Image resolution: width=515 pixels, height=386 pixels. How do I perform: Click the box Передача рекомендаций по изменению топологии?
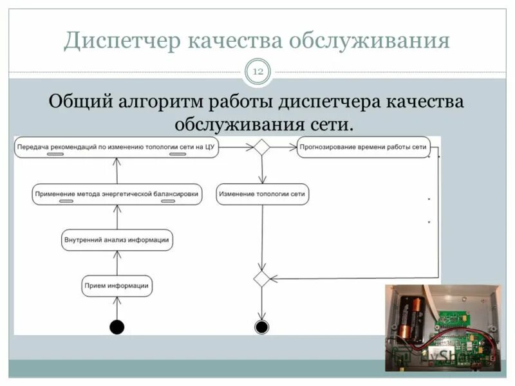(x=116, y=147)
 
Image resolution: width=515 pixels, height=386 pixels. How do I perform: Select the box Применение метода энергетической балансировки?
(x=117, y=194)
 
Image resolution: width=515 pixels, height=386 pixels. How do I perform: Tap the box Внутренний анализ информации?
(x=117, y=240)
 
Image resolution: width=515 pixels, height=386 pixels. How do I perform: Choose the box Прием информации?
(x=117, y=286)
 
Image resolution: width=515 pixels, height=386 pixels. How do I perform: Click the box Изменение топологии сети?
(x=261, y=194)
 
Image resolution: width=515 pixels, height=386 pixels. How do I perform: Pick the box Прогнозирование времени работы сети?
(x=362, y=147)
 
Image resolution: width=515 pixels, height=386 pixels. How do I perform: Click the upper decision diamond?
(x=261, y=147)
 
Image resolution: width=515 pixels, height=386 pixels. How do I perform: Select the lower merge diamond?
(x=261, y=279)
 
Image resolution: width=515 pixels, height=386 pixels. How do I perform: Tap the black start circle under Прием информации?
(x=117, y=327)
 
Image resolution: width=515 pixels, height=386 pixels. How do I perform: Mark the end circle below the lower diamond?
(x=261, y=327)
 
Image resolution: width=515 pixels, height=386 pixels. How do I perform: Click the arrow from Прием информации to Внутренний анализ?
(x=117, y=263)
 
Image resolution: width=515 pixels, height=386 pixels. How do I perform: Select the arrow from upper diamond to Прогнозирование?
(x=283, y=147)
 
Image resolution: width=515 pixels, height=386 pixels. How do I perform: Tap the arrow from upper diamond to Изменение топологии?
(x=261, y=170)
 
